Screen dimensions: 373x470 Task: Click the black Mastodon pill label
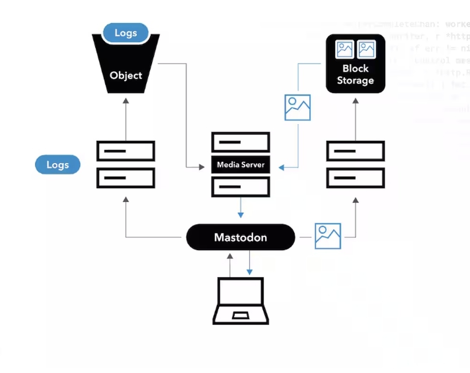tap(240, 237)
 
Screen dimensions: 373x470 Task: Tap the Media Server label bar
tap(240, 165)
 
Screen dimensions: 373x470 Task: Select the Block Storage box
tap(355, 64)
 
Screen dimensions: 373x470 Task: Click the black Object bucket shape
tap(126, 69)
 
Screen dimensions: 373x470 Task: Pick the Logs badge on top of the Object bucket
tap(126, 33)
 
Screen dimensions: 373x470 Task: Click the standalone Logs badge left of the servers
tap(57, 165)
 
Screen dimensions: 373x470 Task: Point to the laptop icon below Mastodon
tap(240, 301)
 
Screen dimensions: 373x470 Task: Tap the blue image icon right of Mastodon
tap(328, 236)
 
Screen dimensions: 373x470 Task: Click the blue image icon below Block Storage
tap(297, 107)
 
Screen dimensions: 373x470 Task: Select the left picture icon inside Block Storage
tap(345, 50)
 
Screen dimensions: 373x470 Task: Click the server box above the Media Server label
tap(240, 142)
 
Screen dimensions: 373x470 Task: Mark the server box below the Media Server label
tap(240, 187)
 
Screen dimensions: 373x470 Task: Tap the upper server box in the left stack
tap(126, 151)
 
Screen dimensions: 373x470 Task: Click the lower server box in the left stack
tap(126, 178)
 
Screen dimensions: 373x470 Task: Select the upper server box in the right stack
tap(355, 151)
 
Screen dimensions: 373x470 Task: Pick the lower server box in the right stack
tap(355, 178)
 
